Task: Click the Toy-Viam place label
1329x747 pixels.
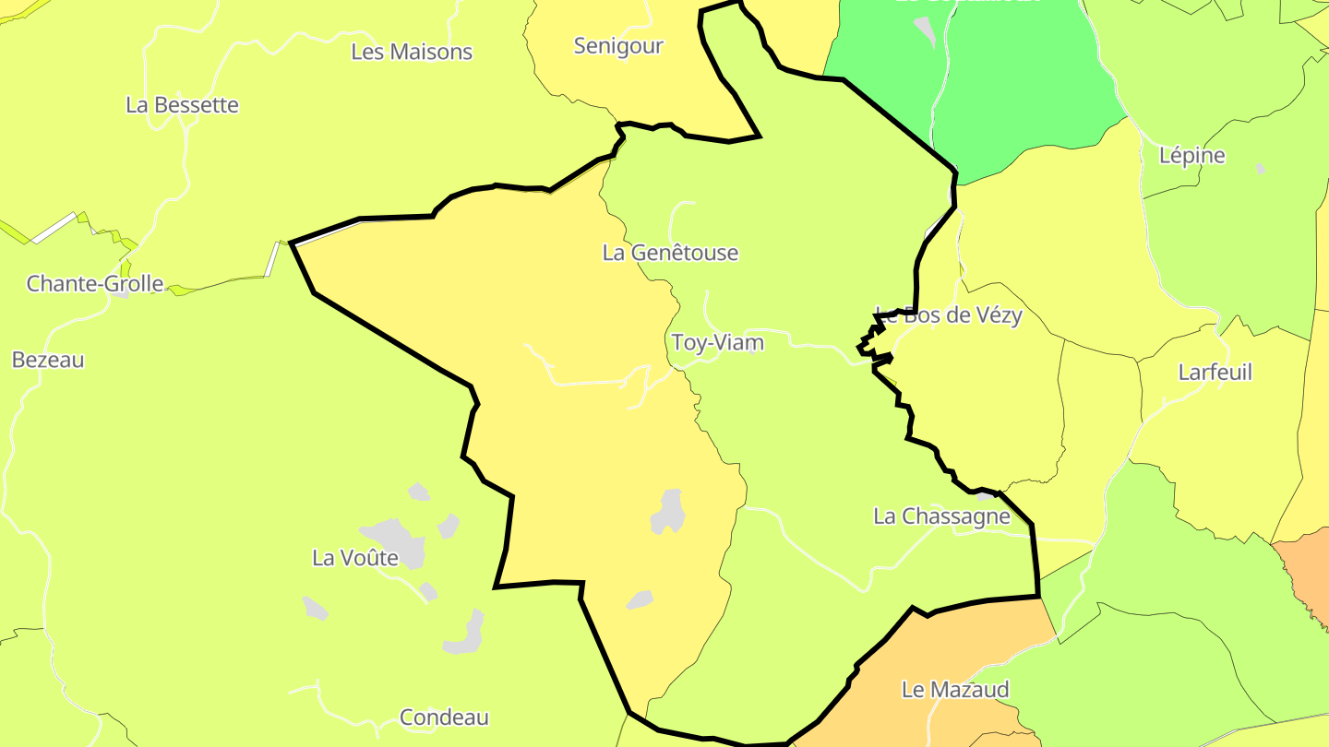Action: (x=717, y=343)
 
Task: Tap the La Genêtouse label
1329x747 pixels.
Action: (x=670, y=253)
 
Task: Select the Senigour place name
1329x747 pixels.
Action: (x=618, y=46)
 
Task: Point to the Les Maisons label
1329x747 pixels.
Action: (x=412, y=52)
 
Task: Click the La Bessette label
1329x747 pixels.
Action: (x=182, y=105)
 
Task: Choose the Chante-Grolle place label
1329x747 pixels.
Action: (x=94, y=284)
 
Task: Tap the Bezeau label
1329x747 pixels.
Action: (x=48, y=360)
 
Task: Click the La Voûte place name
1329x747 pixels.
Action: (x=355, y=558)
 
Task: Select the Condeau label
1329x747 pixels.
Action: (x=444, y=717)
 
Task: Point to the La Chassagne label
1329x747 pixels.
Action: (x=941, y=516)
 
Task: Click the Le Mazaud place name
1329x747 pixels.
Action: (x=955, y=690)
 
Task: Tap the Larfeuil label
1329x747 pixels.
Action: (x=1215, y=373)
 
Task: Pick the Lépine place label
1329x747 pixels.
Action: (x=1191, y=156)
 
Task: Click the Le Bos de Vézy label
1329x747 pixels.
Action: (x=948, y=315)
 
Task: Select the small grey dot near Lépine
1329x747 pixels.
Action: (x=1261, y=169)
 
